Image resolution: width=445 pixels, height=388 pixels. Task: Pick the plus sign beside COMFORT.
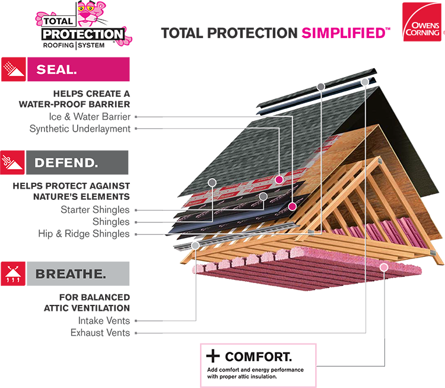click(212, 357)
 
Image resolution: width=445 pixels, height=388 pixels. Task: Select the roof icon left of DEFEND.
click(14, 161)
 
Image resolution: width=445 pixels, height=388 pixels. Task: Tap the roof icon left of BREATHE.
click(14, 273)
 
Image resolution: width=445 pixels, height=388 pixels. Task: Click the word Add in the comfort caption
click(212, 370)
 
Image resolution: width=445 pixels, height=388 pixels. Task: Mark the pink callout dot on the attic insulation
click(384, 268)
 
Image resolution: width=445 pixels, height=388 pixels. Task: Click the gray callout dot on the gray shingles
click(212, 181)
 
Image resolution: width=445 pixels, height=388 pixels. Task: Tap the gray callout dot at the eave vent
click(196, 245)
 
